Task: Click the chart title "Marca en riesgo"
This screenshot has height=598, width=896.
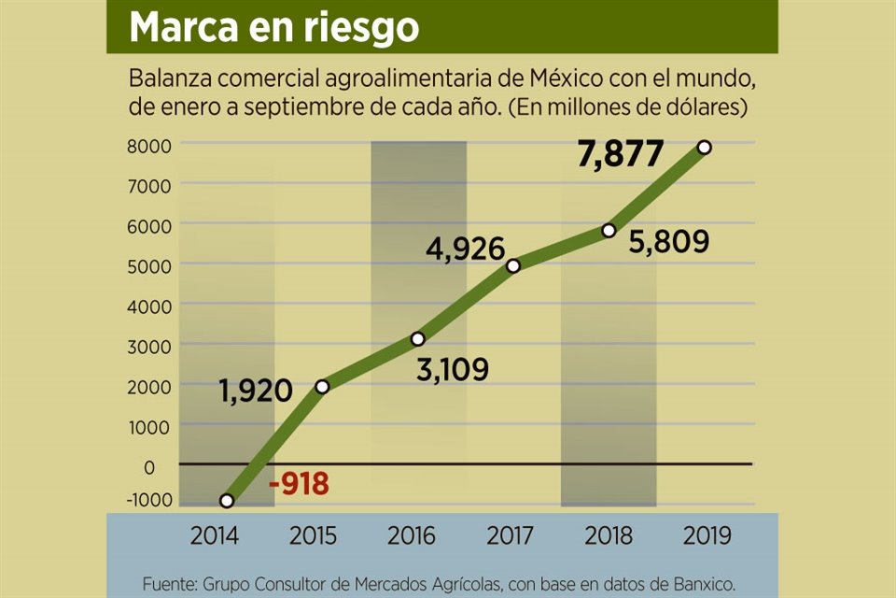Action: [273, 27]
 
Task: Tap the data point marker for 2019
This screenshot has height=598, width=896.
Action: [705, 148]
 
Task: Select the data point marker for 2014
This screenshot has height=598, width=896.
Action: [227, 501]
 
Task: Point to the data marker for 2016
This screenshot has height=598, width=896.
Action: [417, 339]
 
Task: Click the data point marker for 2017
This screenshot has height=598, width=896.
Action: [513, 266]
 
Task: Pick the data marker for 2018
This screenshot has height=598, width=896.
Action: [609, 231]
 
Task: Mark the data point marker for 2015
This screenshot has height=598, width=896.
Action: [322, 387]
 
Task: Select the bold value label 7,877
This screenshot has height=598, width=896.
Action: [621, 155]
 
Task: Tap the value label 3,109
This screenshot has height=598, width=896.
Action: [451, 370]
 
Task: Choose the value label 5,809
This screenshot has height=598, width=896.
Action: [670, 242]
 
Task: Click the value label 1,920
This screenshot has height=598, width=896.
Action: [257, 390]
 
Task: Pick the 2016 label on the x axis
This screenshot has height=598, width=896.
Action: [412, 536]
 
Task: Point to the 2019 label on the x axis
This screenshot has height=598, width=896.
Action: [707, 536]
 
